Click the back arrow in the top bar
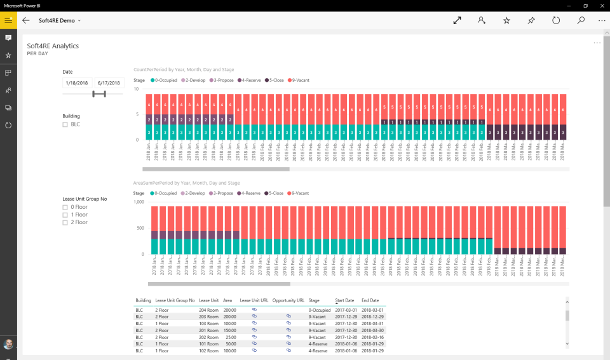pos(26,20)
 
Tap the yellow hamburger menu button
pos(8,20)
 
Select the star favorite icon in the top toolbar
pos(506,20)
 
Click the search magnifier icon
pos(581,20)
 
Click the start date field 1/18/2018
pos(78,83)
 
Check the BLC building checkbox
pos(65,124)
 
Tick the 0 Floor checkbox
pos(65,207)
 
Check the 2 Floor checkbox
pos(65,223)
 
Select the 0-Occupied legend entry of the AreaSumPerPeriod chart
pos(165,193)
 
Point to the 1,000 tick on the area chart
pos(139,202)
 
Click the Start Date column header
pos(344,300)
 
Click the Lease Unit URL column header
pos(254,300)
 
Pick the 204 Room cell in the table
pos(208,309)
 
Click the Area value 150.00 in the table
pos(229,330)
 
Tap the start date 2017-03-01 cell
pos(348,309)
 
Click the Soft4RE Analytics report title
pos(53,46)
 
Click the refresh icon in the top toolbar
pos(556,20)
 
